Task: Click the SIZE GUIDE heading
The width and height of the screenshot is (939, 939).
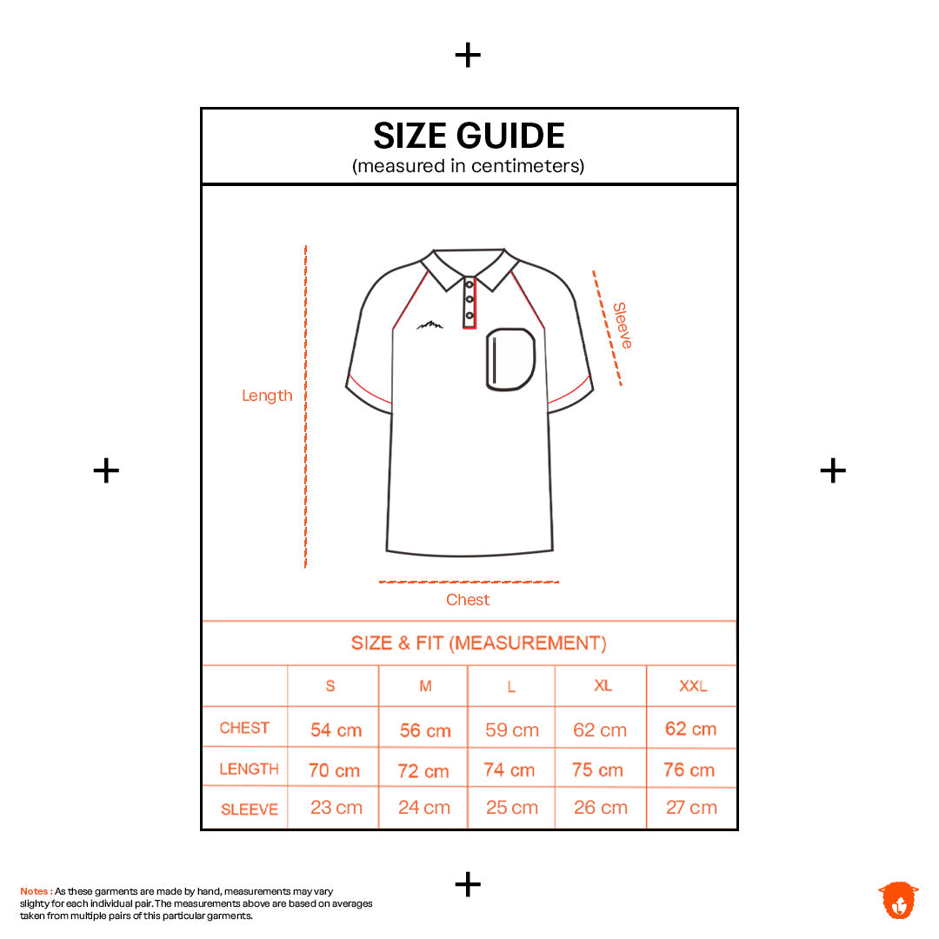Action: coord(469,136)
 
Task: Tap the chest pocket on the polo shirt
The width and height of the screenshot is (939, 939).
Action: coord(510,359)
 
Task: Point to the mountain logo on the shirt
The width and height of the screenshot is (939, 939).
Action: coord(430,325)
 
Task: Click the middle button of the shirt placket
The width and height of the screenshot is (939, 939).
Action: coord(469,299)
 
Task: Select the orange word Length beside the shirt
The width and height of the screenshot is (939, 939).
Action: coord(267,396)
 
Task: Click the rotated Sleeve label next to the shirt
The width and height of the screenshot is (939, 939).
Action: coord(622,325)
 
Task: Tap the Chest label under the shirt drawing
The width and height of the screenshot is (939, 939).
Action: coord(468,599)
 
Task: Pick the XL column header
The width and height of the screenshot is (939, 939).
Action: coord(603,685)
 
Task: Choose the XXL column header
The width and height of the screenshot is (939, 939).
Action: coord(693,686)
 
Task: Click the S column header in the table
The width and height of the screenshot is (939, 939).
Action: coord(330,686)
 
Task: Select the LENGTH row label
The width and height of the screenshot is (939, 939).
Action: coord(250,769)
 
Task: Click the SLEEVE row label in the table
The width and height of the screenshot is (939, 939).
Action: coord(250,809)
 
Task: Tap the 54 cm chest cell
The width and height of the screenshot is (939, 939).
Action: coord(336,730)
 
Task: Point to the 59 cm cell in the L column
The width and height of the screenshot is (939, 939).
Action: coord(512,730)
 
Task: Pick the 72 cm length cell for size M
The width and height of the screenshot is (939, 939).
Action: coord(423,770)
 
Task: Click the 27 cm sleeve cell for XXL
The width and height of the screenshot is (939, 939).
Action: coord(692,807)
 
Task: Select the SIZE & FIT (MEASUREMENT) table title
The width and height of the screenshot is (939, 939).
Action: coord(478,643)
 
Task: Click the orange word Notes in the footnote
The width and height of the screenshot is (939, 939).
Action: coord(35,891)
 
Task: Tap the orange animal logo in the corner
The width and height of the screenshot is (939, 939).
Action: coord(898,900)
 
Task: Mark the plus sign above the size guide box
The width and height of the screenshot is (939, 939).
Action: coord(468,55)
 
